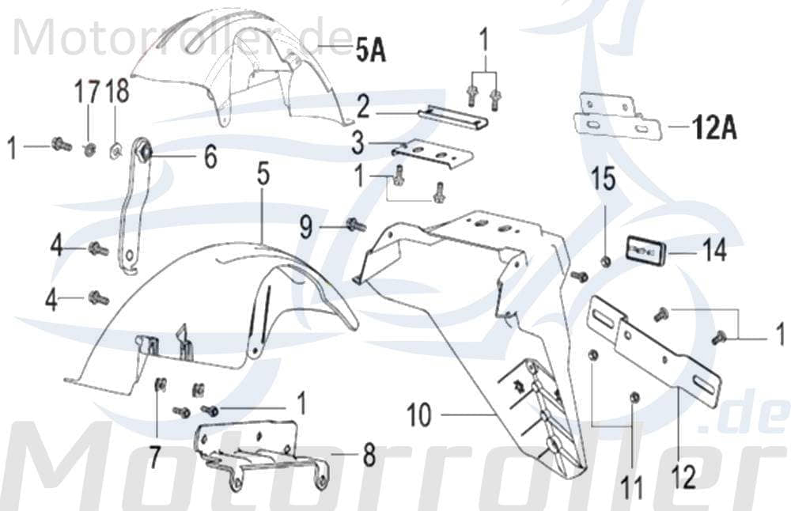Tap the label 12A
click(x=714, y=127)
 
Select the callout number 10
click(x=419, y=414)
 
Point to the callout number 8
click(x=369, y=456)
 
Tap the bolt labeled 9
click(x=354, y=225)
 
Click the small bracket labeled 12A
click(x=614, y=117)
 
